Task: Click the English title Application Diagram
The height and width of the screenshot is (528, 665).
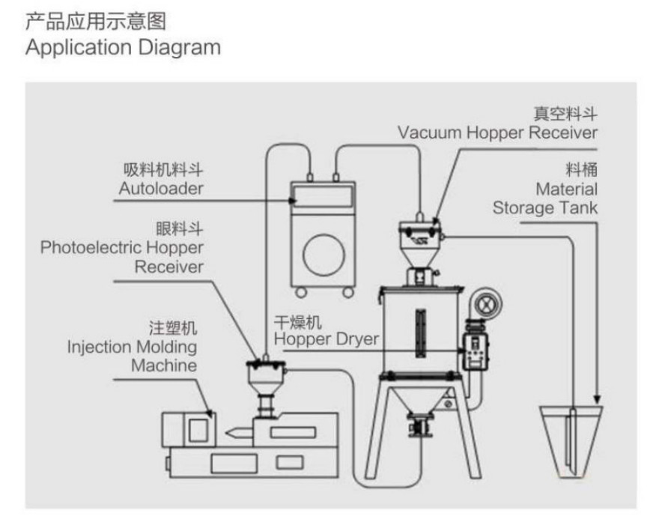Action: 123,47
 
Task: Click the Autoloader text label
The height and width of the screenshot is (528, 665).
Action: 161,188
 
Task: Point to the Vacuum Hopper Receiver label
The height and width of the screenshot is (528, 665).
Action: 498,133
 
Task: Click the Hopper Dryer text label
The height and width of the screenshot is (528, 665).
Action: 326,339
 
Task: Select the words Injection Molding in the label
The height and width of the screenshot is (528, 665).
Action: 132,347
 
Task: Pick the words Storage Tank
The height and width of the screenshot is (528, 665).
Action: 545,207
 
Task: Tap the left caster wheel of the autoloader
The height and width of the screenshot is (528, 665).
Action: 301,292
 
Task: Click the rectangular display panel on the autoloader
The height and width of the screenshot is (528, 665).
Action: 323,196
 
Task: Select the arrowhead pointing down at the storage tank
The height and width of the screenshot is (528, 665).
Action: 597,398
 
